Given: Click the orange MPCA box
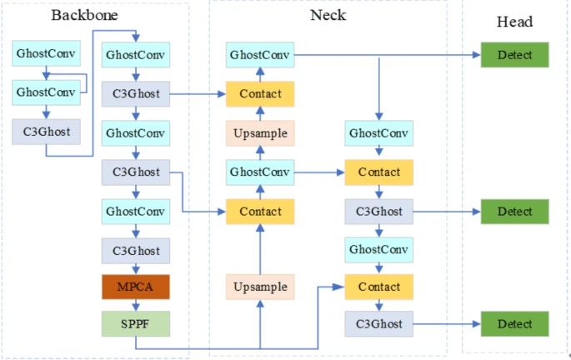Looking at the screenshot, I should [136, 287].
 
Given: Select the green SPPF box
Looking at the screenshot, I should [136, 323].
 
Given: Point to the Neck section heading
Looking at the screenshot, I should [328, 15].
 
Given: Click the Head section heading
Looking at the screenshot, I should [513, 22].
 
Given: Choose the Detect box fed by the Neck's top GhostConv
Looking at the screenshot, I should [514, 55].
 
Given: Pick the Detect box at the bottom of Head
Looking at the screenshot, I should [514, 323].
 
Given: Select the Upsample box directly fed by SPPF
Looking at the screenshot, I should [260, 287].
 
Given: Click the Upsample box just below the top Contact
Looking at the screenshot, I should [260, 133].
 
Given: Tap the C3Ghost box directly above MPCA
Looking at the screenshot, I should [136, 250].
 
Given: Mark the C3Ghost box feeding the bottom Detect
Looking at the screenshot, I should [379, 323].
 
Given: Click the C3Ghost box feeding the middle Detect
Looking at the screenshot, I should [379, 212].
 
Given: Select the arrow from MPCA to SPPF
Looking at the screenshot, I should [136, 305].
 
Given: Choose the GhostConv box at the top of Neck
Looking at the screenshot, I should [260, 55].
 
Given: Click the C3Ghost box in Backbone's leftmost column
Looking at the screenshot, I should [46, 131].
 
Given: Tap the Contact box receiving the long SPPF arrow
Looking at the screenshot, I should [379, 287].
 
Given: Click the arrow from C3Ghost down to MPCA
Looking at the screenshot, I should [136, 268].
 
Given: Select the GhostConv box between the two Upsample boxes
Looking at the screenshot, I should [260, 172].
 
